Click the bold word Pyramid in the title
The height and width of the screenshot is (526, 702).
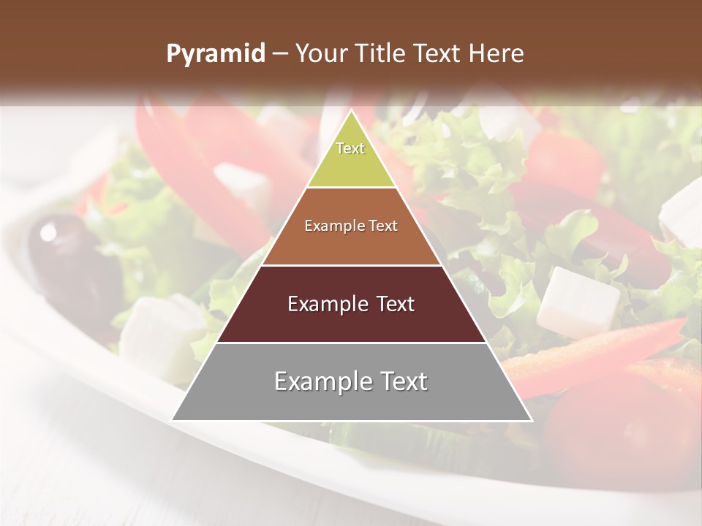click(215, 54)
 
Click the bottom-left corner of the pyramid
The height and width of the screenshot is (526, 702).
click(173, 419)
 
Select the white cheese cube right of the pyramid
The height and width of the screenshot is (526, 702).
click(577, 302)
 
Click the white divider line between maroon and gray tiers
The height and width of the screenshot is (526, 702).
click(351, 343)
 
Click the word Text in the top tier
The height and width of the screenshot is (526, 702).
click(350, 148)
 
